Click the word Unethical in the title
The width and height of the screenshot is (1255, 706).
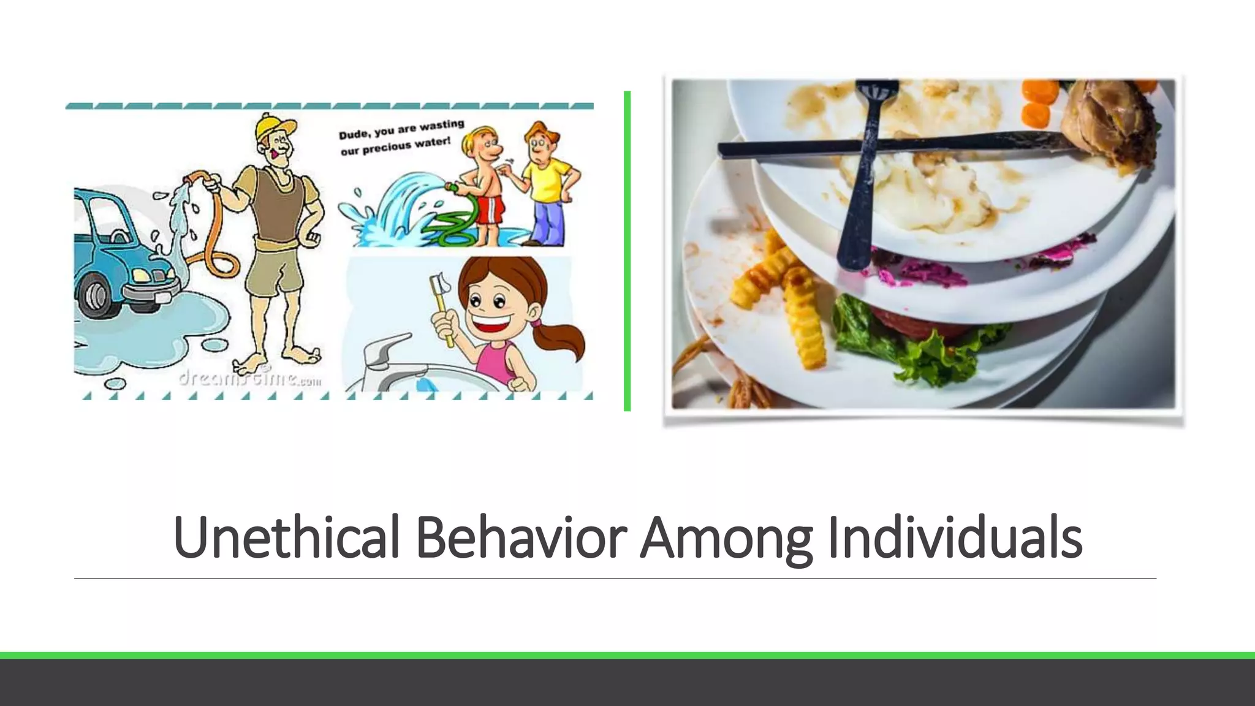286,537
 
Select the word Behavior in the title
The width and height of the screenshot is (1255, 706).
521,537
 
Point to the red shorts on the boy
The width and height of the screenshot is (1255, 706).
490,209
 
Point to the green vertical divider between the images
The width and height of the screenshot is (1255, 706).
627,251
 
